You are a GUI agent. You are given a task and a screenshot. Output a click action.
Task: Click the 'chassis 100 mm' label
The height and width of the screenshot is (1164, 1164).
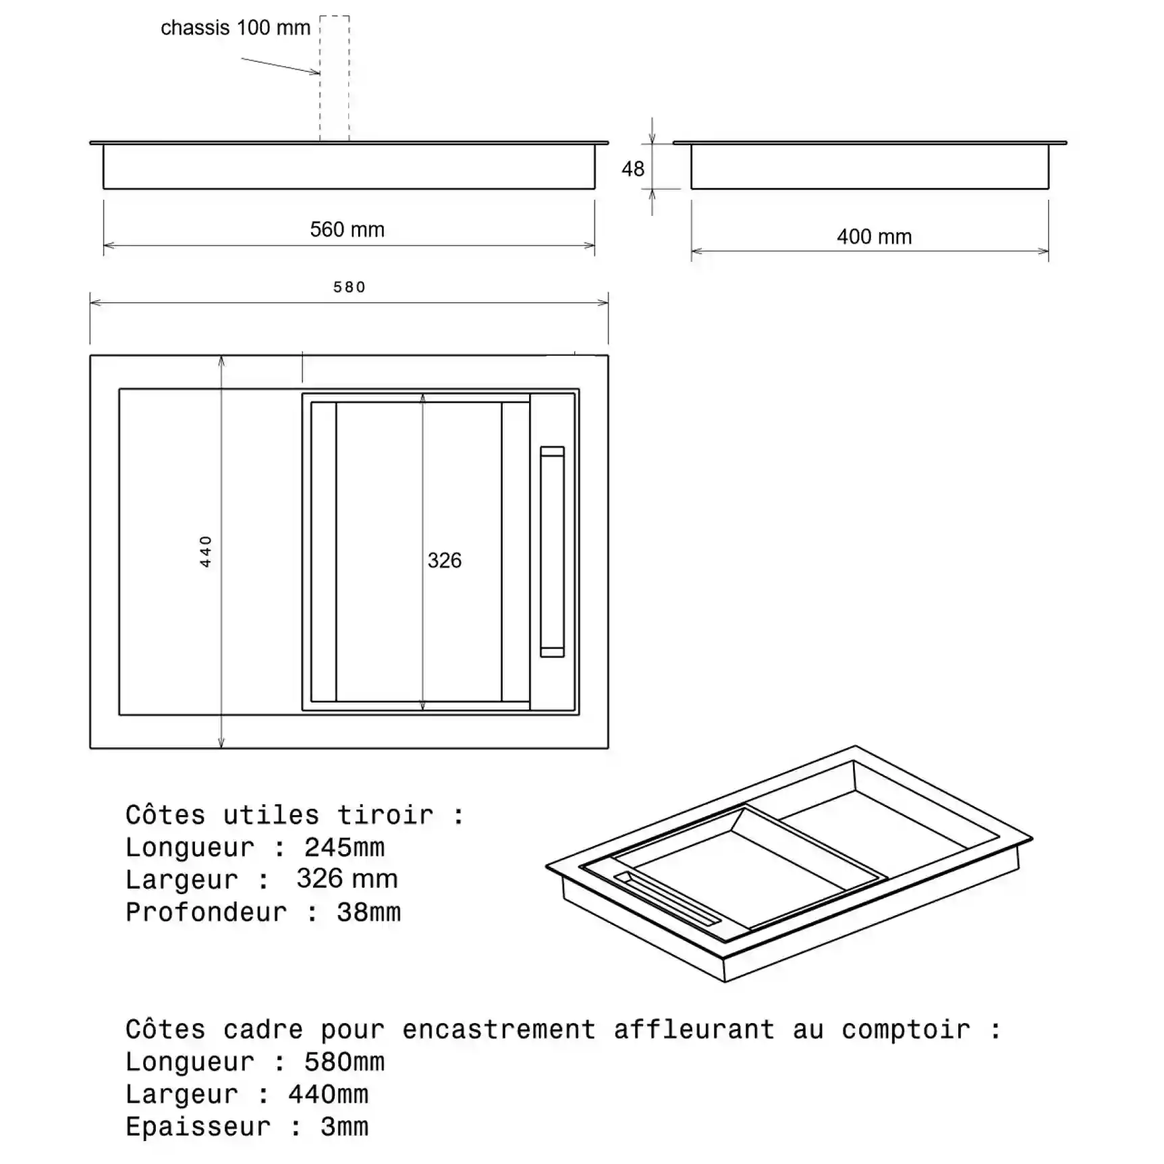coord(235,28)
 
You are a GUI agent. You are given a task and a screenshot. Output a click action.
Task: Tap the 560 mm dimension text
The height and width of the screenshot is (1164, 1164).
coord(347,229)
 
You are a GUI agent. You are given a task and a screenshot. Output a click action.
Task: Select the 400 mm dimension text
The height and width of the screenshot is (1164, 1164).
coord(874,237)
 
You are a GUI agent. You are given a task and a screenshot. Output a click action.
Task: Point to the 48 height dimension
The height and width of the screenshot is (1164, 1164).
coord(633,169)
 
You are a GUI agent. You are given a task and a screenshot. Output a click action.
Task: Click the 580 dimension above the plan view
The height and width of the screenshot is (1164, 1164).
coord(350,287)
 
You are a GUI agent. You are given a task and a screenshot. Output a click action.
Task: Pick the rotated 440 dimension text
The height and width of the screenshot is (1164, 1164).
coord(206,551)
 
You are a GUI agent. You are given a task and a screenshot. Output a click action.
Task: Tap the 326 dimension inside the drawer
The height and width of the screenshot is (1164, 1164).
coord(445,560)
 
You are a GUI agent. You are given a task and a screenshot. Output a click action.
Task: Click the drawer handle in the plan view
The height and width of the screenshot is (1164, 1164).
coord(552,551)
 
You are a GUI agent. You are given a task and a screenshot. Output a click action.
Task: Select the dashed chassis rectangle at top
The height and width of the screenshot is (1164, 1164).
coord(335,78)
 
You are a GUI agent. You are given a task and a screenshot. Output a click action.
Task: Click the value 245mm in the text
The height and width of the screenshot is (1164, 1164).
coord(344,847)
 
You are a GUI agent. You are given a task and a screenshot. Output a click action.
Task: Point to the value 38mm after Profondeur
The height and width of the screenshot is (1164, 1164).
coord(368,912)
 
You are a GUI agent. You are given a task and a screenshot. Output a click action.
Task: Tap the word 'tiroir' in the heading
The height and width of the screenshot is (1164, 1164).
coord(385,814)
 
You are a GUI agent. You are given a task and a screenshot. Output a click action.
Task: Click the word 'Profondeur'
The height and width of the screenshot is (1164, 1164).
coord(206,912)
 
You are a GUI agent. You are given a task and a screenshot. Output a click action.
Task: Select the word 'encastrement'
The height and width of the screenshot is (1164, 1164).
coord(499,1029)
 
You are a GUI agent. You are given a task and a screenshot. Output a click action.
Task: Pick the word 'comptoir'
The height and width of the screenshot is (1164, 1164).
coord(906,1029)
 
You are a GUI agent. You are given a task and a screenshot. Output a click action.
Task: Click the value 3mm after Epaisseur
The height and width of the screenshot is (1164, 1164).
coord(344,1126)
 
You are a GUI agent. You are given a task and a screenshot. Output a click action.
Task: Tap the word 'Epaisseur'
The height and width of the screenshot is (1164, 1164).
coord(198,1126)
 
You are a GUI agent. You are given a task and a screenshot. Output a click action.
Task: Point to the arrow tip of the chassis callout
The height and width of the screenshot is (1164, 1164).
coord(319,73)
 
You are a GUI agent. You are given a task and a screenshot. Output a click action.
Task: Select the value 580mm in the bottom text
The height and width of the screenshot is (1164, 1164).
coord(344,1061)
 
